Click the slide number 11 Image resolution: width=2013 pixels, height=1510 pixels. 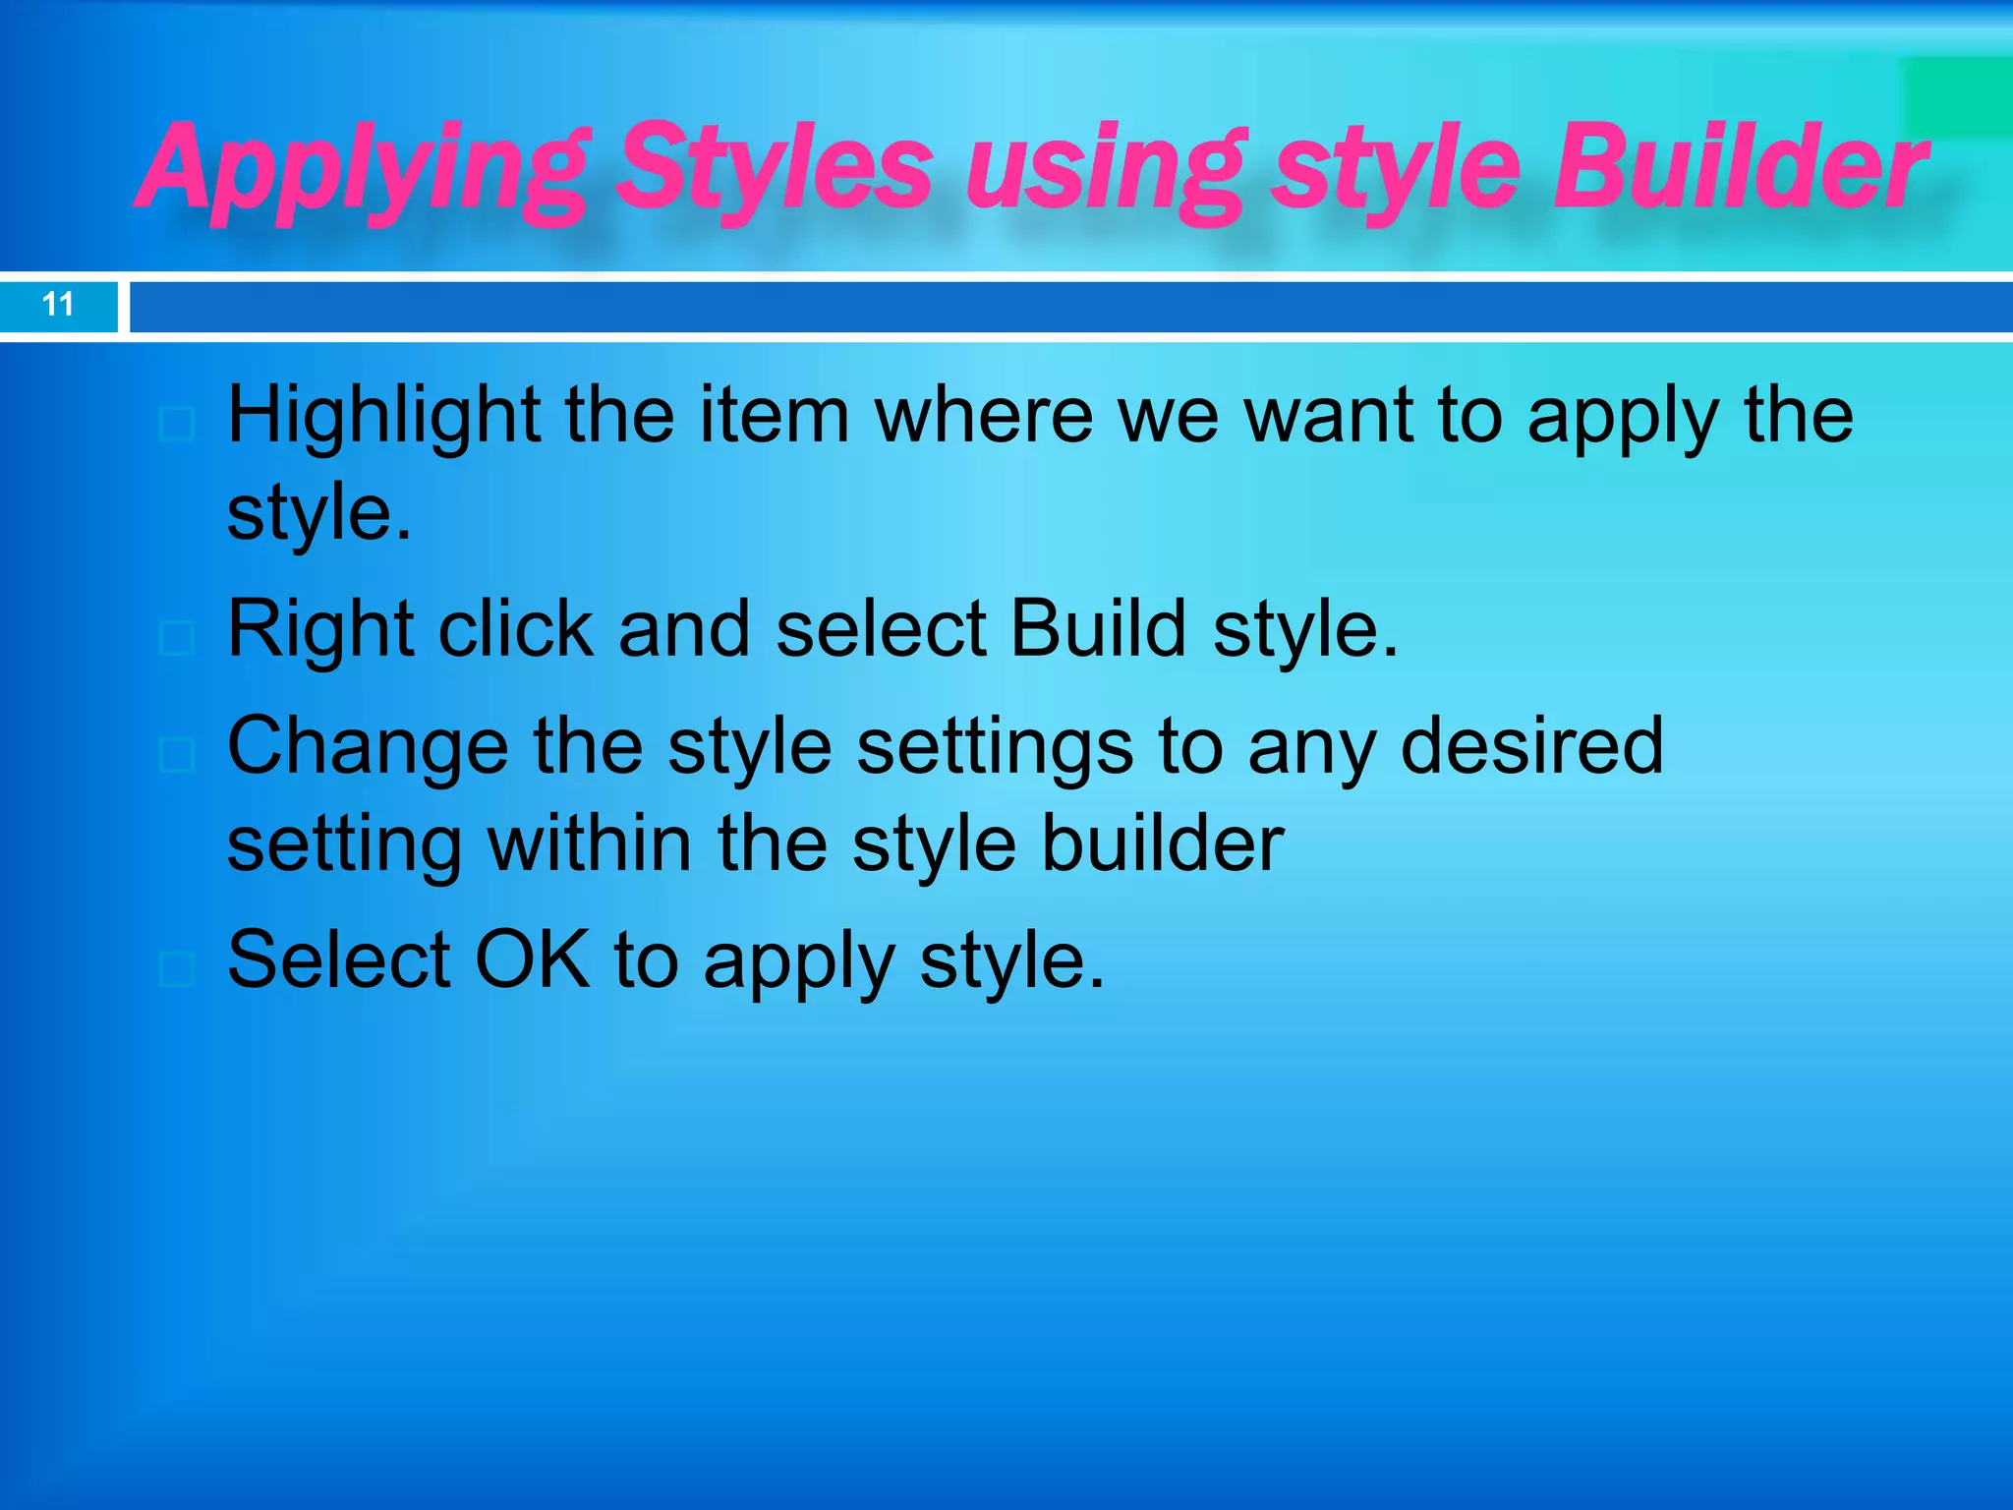pyautogui.click(x=58, y=305)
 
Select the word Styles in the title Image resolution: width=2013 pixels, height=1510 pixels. pyautogui.click(x=776, y=167)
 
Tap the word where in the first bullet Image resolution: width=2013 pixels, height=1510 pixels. pyautogui.click(x=984, y=416)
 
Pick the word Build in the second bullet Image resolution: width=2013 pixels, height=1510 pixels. pyautogui.click(x=1098, y=629)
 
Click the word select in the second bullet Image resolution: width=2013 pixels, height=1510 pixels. pyautogui.click(x=881, y=629)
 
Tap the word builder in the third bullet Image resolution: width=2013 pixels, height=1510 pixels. pyautogui.click(x=1163, y=843)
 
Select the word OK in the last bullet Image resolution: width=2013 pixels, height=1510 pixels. pyautogui.click(x=533, y=959)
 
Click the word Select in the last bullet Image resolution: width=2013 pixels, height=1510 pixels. pyautogui.click(x=338, y=959)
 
